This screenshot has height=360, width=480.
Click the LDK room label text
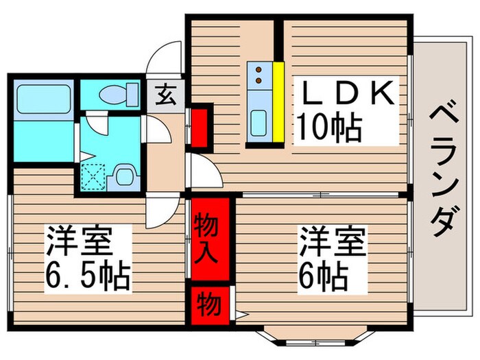click(346, 94)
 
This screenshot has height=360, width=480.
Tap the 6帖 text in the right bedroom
click(322, 275)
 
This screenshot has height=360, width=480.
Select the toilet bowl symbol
click(114, 95)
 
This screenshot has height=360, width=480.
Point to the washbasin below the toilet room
click(125, 176)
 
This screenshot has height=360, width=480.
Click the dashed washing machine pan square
click(91, 176)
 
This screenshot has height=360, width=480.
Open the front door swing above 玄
click(167, 62)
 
